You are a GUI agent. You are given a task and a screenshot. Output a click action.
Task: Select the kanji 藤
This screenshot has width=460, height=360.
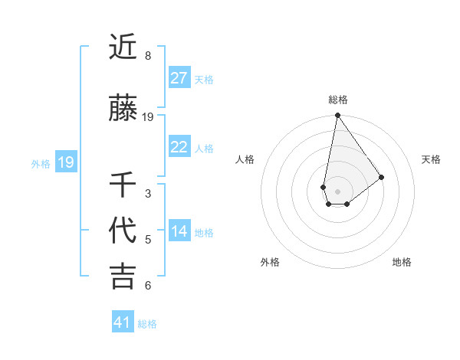point(123,110)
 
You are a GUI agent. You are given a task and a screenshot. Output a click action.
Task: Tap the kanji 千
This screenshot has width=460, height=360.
point(123,187)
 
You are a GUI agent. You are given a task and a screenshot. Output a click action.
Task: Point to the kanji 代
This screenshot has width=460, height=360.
point(123,231)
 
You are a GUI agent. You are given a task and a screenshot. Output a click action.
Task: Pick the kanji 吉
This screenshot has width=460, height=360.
point(123,277)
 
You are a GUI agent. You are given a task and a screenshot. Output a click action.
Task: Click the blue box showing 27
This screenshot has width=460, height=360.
point(179,78)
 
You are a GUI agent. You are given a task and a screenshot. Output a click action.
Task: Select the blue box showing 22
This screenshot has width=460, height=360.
point(179,148)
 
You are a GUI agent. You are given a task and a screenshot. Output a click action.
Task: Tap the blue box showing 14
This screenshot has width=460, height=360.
point(179,232)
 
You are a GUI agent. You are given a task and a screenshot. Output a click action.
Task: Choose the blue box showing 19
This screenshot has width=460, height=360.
point(65,162)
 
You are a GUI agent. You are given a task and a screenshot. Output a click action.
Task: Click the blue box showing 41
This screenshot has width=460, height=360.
point(123,322)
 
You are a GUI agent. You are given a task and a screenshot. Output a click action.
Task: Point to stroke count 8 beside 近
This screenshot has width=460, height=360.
point(148,56)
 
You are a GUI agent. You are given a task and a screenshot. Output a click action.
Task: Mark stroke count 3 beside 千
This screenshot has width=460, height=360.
point(148,194)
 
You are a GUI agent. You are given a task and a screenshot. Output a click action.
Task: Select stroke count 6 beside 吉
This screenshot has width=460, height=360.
point(148,286)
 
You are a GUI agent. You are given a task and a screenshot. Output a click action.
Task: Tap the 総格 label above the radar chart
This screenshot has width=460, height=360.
point(338,100)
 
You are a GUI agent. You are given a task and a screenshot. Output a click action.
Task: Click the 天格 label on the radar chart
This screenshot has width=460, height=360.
point(431,159)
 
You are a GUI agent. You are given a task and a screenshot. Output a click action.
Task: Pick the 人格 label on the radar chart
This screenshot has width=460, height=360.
point(245,159)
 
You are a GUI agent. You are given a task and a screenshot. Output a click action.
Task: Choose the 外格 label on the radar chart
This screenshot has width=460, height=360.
point(270,262)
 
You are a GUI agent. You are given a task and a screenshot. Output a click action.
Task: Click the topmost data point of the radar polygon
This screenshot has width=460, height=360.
point(337,116)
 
